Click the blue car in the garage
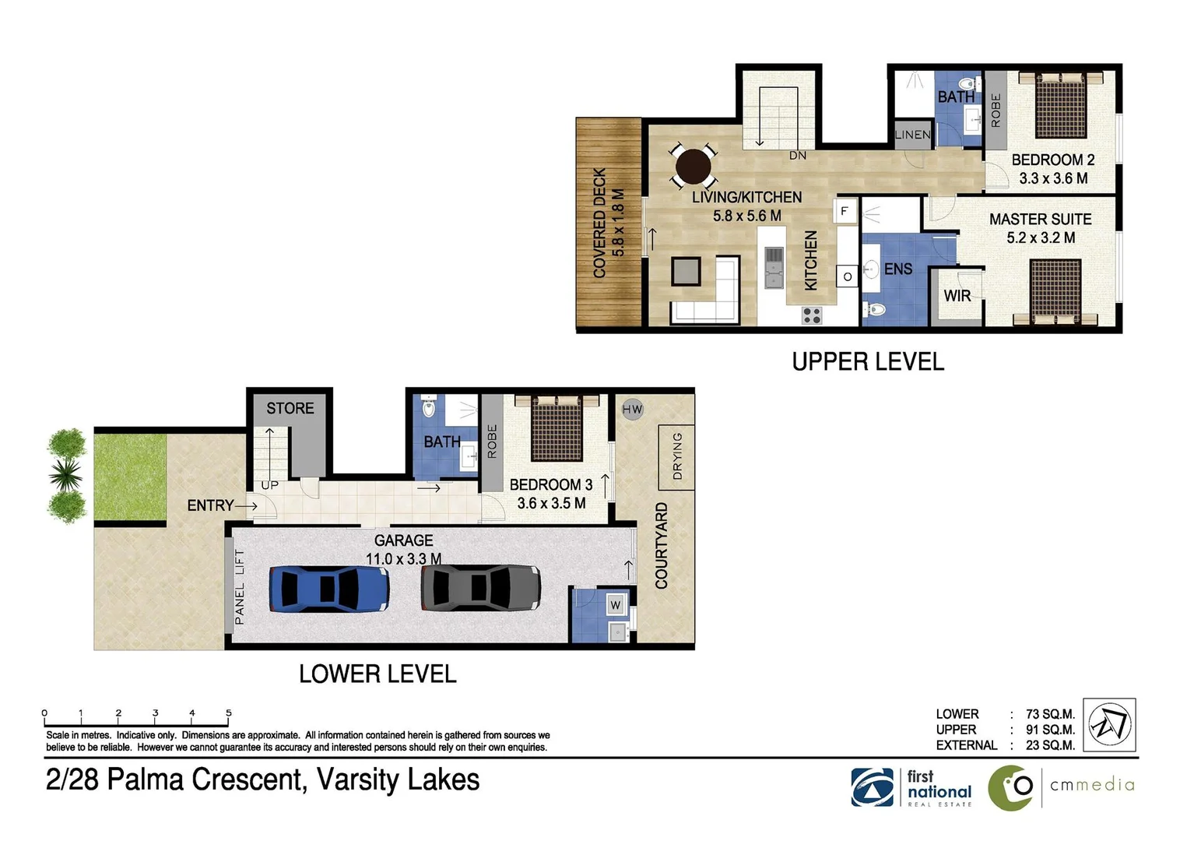pyautogui.click(x=329, y=589)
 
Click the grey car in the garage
pyautogui.click(x=480, y=588)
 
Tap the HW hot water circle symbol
pyautogui.click(x=632, y=410)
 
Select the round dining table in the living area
pyautogui.click(x=693, y=166)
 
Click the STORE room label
pyautogui.click(x=290, y=408)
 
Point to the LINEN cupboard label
pyautogui.click(x=912, y=135)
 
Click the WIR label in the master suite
pyautogui.click(x=957, y=296)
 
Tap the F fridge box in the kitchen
pyautogui.click(x=845, y=211)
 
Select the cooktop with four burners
pyautogui.click(x=812, y=315)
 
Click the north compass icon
pyautogui.click(x=1109, y=725)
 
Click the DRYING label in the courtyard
pyautogui.click(x=676, y=456)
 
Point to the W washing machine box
pyautogui.click(x=616, y=604)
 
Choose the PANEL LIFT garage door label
pyautogui.click(x=240, y=586)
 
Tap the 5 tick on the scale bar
pyautogui.click(x=229, y=713)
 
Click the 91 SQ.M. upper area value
pyautogui.click(x=1050, y=730)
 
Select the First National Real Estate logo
pyautogui.click(x=911, y=787)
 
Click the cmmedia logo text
pyautogui.click(x=1092, y=785)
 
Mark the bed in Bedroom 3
pyautogui.click(x=557, y=428)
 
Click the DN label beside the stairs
pyautogui.click(x=798, y=156)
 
